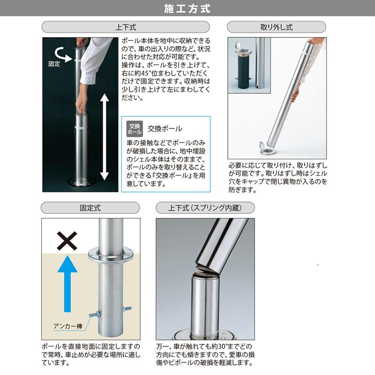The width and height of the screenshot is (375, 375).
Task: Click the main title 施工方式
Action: click(187, 8)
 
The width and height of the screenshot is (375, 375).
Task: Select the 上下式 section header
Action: click(126, 27)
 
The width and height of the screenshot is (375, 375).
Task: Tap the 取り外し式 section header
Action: click(276, 27)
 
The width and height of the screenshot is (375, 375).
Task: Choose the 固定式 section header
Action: click(90, 208)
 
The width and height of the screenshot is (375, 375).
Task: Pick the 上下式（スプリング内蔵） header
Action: click(205, 208)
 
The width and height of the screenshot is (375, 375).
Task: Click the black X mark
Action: click(67, 241)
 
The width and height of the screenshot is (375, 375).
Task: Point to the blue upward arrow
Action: click(67, 284)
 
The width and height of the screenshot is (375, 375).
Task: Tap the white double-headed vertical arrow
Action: click(105, 137)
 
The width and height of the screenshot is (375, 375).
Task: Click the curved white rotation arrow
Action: click(62, 54)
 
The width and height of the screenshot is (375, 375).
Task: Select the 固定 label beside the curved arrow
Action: click(54, 64)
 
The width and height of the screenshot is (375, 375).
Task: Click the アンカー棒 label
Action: click(68, 326)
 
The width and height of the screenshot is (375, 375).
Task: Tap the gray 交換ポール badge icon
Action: click(135, 128)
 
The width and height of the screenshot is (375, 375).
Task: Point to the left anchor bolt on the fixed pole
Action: click(95, 314)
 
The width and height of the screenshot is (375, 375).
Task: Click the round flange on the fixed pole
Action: click(111, 255)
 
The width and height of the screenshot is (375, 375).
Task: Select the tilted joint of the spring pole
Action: click(207, 270)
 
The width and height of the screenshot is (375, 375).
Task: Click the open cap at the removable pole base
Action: click(262, 146)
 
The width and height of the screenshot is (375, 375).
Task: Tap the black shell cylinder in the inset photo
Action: click(243, 72)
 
